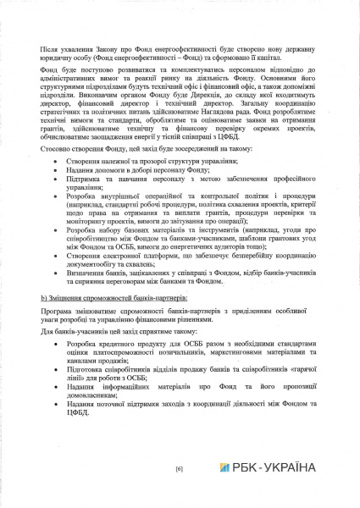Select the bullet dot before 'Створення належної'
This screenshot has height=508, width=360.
click(57, 160)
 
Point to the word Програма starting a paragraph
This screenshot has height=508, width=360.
click(55, 316)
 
